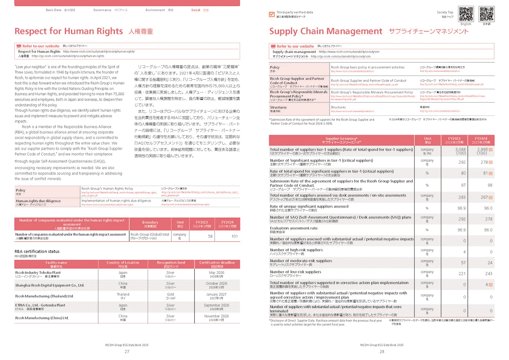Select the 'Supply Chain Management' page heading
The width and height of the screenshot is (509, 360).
326,31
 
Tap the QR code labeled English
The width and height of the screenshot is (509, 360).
466,14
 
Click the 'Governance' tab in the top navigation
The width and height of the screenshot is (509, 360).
103,10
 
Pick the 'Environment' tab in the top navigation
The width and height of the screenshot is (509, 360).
155,10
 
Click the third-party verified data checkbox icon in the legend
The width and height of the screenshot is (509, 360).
272,14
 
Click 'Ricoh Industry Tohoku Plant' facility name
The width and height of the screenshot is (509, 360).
38,273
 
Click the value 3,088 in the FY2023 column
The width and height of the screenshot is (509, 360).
460,150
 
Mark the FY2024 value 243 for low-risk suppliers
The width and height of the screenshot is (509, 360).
488,274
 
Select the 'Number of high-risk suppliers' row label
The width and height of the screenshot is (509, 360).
296,250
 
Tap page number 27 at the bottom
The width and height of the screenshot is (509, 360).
127,352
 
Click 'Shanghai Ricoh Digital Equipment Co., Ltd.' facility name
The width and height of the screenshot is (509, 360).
50,285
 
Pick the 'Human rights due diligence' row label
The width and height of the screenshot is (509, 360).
38,201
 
